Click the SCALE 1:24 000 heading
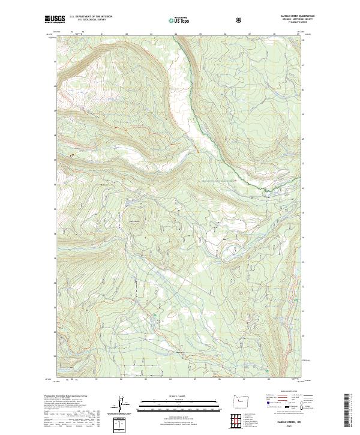[x=171, y=397]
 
